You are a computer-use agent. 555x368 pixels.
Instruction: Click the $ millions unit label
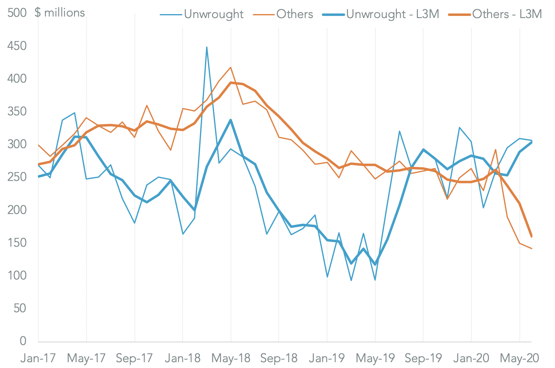point(60,13)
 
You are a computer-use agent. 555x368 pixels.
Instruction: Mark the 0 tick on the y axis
point(23,341)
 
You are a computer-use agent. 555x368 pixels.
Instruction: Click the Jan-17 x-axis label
point(38,358)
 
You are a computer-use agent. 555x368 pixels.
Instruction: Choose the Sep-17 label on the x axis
point(135,358)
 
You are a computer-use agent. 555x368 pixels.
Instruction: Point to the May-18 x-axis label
point(231,358)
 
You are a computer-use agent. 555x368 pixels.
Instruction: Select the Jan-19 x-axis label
point(327,358)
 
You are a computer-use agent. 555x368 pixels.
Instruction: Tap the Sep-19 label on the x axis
point(423,358)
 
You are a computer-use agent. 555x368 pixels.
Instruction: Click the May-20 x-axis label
point(519,358)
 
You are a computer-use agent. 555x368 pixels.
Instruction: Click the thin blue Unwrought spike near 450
point(207,47)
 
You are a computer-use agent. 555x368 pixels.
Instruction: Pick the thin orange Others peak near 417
point(231,67)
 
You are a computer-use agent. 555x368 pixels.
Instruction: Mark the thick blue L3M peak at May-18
point(231,120)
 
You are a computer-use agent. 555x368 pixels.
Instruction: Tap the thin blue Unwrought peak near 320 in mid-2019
point(399,131)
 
